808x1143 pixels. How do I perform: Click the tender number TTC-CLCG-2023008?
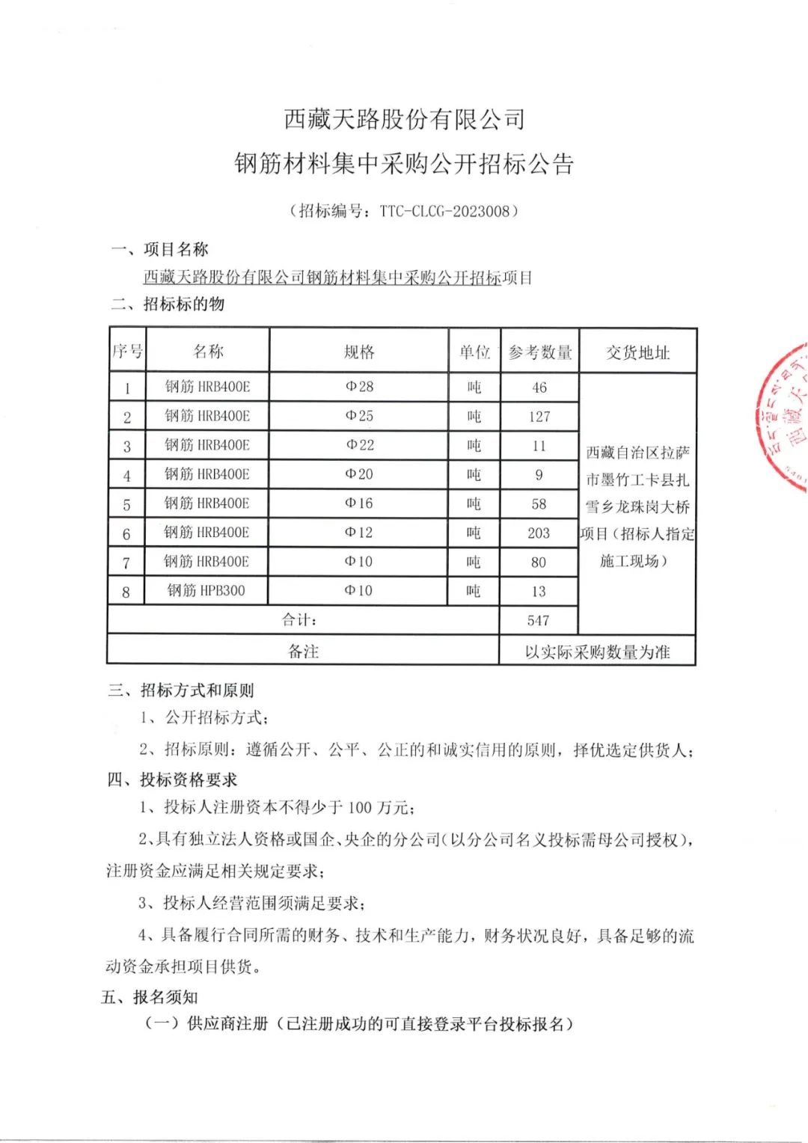(444, 211)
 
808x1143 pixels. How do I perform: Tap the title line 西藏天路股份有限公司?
(404, 119)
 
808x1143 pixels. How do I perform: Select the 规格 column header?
(359, 352)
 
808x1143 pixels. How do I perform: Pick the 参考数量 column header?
(539, 352)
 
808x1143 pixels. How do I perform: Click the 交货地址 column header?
(637, 352)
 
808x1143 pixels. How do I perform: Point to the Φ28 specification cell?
(359, 387)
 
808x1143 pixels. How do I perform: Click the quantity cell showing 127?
(539, 416)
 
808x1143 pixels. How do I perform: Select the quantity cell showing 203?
(539, 533)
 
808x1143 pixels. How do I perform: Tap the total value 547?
(538, 620)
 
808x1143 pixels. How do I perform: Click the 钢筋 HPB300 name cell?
(206, 590)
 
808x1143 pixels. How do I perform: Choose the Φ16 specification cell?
(359, 503)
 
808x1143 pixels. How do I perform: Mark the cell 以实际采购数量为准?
(597, 652)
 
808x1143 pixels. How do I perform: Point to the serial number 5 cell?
(126, 505)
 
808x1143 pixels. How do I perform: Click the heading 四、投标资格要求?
(173, 779)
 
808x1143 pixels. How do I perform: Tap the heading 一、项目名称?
(159, 249)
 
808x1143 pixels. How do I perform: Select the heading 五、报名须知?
(150, 996)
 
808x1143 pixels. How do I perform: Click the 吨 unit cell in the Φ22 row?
(474, 446)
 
